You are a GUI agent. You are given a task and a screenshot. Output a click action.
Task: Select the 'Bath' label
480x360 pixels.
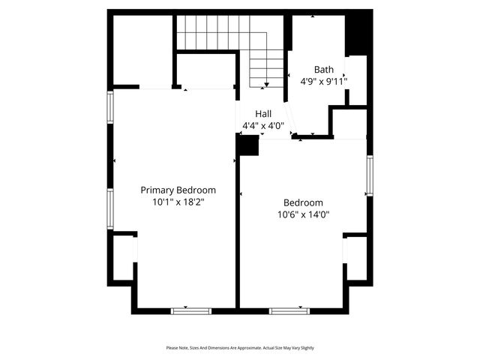click(x=324, y=69)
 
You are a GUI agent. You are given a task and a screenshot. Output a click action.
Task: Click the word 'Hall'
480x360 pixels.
click(x=263, y=113)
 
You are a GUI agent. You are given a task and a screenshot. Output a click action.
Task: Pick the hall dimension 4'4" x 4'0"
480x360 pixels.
click(x=263, y=125)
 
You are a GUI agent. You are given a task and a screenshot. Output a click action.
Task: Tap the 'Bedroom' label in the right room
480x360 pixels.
click(x=303, y=202)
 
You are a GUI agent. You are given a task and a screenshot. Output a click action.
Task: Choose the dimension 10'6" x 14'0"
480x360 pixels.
click(x=303, y=214)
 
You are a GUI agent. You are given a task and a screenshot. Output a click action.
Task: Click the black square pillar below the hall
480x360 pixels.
click(x=247, y=145)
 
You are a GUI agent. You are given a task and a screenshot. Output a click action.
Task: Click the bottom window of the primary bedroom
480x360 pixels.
click(x=191, y=310)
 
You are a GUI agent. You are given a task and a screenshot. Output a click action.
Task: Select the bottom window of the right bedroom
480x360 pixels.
click(x=289, y=310)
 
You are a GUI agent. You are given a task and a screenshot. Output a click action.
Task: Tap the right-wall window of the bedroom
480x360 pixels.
click(x=369, y=175)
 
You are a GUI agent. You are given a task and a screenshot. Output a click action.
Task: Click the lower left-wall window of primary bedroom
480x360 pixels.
click(x=110, y=208)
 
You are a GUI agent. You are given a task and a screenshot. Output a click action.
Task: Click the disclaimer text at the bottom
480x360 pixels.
click(x=240, y=348)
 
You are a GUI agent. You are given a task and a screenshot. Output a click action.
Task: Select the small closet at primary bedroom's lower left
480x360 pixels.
click(x=123, y=258)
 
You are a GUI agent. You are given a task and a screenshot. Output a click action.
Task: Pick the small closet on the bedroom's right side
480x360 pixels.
click(x=356, y=259)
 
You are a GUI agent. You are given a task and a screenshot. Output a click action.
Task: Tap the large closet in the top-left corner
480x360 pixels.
click(x=142, y=49)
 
